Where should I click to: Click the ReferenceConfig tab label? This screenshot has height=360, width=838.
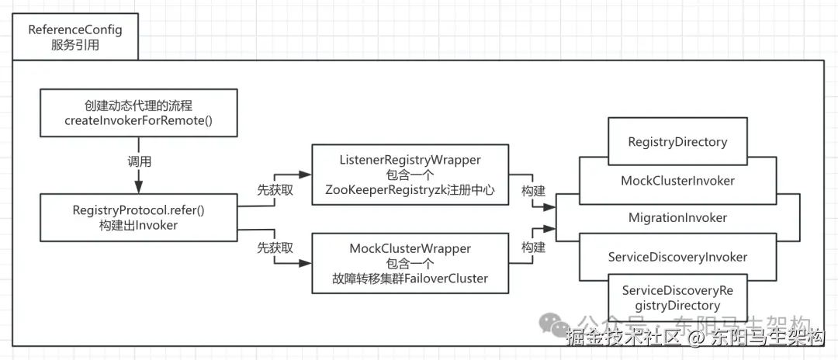[x=74, y=37]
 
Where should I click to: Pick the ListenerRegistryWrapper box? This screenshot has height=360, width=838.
[x=410, y=174]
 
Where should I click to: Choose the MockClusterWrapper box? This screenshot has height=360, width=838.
[x=410, y=262]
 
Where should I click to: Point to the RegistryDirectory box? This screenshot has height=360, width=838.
[x=677, y=142]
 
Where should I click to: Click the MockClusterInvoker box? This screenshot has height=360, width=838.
[x=677, y=181]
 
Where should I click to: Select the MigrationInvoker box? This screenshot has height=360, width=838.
[x=677, y=218]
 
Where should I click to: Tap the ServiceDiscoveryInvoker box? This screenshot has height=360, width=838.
[x=677, y=256]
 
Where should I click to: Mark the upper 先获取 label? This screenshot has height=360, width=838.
[x=275, y=189]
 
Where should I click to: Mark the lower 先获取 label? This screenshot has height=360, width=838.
[x=275, y=248]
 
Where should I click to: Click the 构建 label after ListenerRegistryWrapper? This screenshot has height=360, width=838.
[x=533, y=189]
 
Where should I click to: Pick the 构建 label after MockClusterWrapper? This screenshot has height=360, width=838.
[x=533, y=248]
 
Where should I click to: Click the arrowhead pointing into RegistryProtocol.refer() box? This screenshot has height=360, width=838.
[x=138, y=187]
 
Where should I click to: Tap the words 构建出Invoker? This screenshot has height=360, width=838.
[x=140, y=225]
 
